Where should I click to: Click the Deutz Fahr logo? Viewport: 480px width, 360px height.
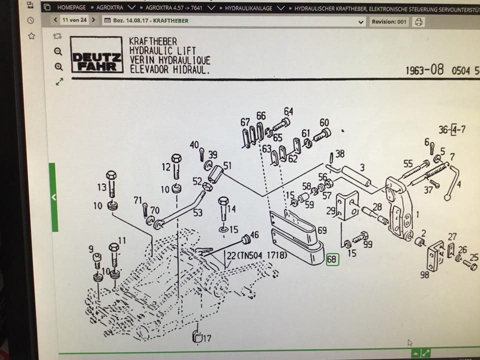pos(97,55)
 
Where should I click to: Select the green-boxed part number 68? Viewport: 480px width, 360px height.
pos(331,260)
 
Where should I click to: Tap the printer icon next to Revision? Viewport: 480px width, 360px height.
pos(419,22)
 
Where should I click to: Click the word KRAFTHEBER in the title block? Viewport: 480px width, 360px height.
pos(152,41)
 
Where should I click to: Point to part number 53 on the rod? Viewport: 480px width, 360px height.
pos(198,213)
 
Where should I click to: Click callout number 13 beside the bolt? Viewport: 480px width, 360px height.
pos(101,187)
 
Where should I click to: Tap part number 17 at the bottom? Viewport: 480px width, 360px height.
pos(206,338)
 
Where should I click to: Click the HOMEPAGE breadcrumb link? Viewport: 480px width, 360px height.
pos(71,7)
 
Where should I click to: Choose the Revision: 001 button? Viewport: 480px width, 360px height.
pos(388,22)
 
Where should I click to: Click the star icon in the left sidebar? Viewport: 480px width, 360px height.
pos(31,36)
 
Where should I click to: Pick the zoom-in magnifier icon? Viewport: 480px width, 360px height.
pos(58,67)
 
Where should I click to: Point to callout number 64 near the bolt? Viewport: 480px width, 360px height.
pos(288,111)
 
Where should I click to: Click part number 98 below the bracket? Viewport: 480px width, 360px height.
pos(424,274)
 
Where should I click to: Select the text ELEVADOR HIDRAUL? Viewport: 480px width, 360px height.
pos(169,69)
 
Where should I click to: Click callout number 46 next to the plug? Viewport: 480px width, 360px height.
pos(254,234)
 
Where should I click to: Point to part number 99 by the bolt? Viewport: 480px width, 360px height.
pos(368,244)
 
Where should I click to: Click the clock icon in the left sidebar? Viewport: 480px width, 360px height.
pos(31,20)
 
